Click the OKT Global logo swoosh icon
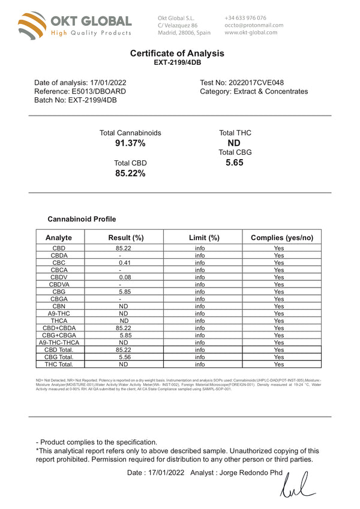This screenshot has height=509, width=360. [x=31, y=26]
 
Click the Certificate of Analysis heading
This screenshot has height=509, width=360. [x=177, y=53]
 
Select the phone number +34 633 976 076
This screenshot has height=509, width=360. [x=245, y=18]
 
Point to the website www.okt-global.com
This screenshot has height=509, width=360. [x=251, y=32]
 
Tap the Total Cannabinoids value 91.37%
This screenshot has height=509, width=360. [x=130, y=143]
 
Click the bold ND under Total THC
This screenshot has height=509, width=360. [x=235, y=143]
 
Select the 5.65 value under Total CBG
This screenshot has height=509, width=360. [x=235, y=162]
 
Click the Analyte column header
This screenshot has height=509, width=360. [x=59, y=238]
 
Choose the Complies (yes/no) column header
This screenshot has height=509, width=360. [x=281, y=238]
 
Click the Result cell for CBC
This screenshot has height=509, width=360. [x=125, y=262]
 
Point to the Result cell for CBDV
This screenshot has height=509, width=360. [x=125, y=277]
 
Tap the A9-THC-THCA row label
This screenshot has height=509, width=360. [x=59, y=342]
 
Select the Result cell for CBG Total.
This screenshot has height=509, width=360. [x=125, y=357]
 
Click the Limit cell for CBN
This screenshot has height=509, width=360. [x=200, y=306]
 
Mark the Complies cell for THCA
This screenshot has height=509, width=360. [x=279, y=321]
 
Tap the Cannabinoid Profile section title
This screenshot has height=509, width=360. [x=82, y=219]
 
